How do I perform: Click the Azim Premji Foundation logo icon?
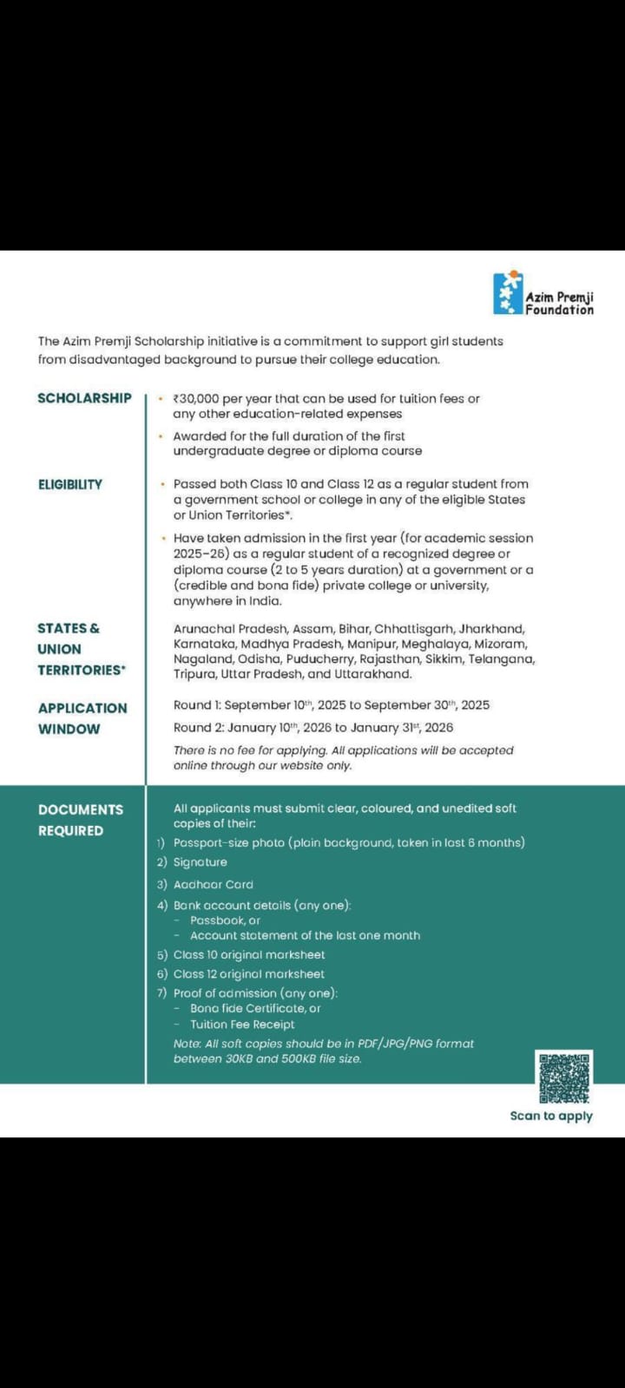508,294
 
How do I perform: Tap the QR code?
563,1077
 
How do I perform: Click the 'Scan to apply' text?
551,1116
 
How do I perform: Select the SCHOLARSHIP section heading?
84,398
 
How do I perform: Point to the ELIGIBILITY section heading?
70,484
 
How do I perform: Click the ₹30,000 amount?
196,399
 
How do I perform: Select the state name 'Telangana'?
502,659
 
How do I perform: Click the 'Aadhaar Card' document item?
214,885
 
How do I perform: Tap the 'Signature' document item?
201,862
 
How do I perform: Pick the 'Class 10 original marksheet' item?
249,954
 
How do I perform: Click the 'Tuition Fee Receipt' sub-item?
242,1025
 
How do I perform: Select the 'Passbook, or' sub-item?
225,920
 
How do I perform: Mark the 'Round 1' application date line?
332,705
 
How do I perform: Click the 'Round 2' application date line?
313,728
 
